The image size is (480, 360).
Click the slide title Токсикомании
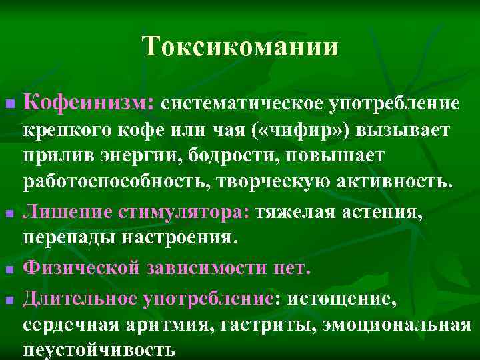[x=240, y=47]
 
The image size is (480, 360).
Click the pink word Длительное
[x=79, y=298]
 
